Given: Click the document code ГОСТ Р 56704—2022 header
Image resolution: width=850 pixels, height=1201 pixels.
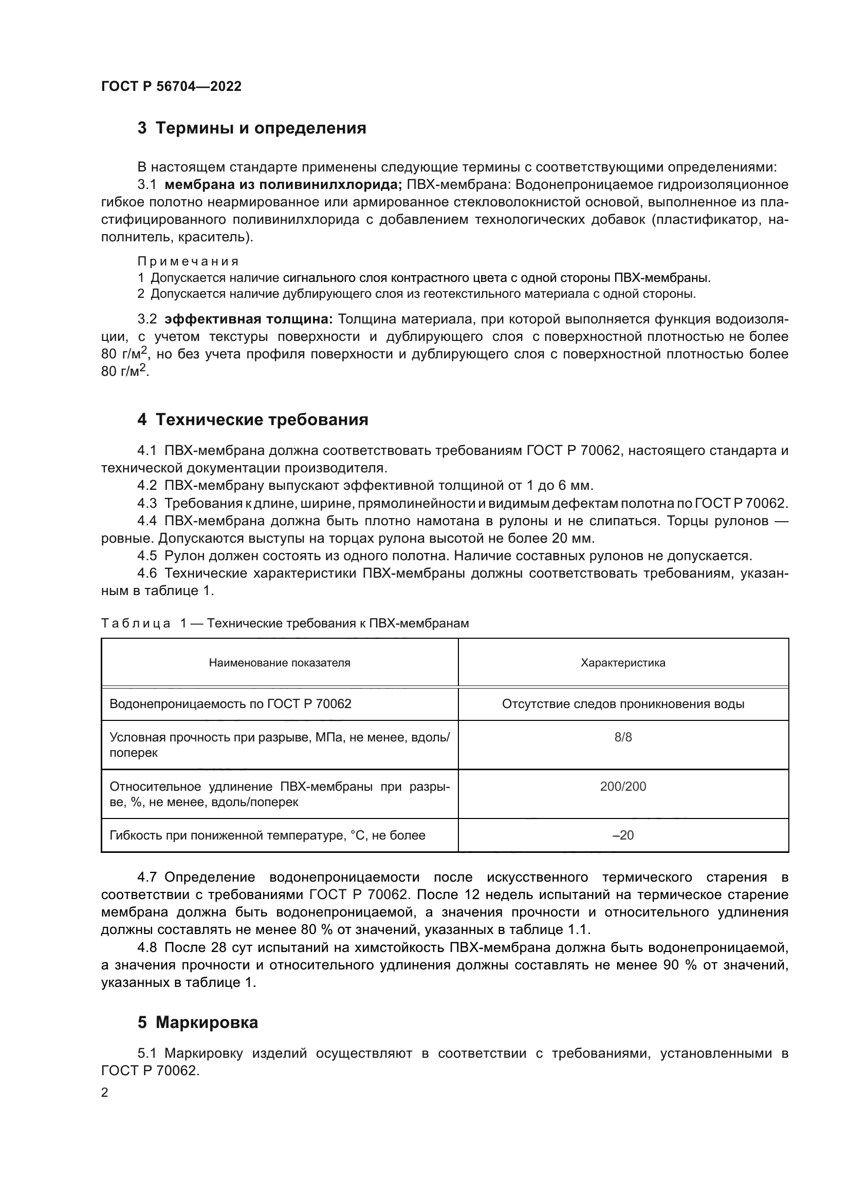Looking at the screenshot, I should pos(171,87).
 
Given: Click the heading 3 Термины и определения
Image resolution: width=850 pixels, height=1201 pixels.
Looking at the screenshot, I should pos(252,128).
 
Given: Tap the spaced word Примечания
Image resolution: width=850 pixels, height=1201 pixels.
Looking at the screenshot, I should pos(188,261).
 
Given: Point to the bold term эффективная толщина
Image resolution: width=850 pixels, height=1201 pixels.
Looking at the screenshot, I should pos(249,319).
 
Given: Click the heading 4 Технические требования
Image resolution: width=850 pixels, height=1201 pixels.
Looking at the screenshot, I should pos(253,420).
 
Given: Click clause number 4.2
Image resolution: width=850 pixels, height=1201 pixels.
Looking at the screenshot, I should pos(147,485).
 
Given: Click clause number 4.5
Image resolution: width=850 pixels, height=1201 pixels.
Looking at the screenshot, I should pos(147,556).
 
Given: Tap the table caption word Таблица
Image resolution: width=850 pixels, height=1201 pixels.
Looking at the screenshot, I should pos(136,623).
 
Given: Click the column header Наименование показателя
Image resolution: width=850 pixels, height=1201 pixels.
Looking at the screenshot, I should pos(280,663).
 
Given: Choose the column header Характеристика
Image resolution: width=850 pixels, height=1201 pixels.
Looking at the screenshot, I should pos(623,663).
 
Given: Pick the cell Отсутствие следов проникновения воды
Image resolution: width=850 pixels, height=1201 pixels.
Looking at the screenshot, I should pos(623,704).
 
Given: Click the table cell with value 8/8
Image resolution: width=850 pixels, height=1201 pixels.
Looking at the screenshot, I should pos(623,737).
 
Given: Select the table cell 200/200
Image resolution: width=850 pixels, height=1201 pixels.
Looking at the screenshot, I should pos(623,787).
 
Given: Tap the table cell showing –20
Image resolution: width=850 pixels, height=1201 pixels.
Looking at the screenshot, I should pos(623,835).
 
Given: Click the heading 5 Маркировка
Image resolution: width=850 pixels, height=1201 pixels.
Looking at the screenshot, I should pos(198,1022).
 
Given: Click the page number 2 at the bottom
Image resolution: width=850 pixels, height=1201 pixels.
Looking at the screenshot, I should pos(105,1093).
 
